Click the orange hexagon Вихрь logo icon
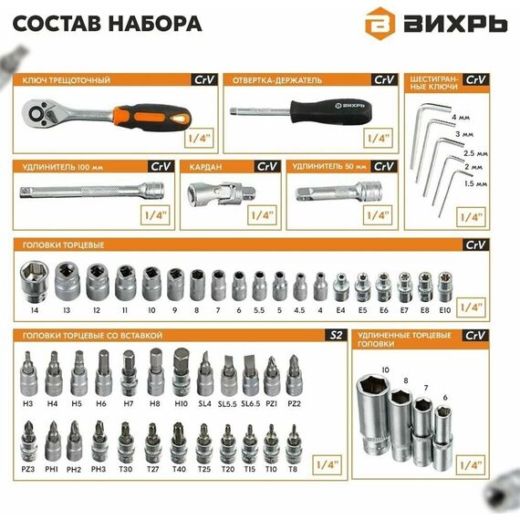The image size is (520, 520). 380,23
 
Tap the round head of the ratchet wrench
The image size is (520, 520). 36,114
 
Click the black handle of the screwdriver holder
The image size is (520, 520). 331,112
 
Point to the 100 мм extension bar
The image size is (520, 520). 91,191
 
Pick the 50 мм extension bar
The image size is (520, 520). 338,192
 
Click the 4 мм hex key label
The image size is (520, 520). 461,118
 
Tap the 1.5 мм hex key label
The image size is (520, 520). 475,183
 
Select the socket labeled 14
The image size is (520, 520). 34,282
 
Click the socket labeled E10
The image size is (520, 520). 444,286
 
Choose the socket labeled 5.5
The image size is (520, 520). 259,286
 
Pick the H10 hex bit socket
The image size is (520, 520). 181,372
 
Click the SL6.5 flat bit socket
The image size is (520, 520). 251,376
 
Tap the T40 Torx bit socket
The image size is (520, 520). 179,443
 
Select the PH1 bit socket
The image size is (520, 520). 52,442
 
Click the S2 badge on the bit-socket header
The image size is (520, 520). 336,336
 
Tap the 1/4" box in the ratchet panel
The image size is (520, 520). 199,138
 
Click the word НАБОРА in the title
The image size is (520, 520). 155,24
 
